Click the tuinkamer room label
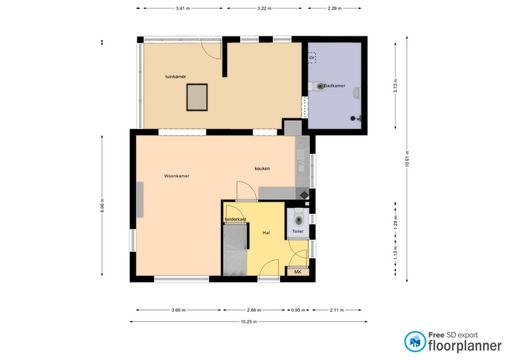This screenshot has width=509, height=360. click(x=175, y=77)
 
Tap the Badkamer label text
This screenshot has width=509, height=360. click(x=335, y=85)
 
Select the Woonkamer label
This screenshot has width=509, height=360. click(x=177, y=176)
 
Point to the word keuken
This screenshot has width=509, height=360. click(x=262, y=169)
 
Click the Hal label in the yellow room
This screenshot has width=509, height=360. click(x=267, y=232)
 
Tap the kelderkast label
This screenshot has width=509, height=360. click(x=235, y=219)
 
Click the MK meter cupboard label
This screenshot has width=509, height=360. click(x=297, y=272)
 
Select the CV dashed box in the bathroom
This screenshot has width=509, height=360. click(x=312, y=57)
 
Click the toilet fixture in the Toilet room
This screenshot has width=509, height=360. click(x=299, y=218)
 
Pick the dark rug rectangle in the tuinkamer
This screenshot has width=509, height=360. click(x=197, y=98)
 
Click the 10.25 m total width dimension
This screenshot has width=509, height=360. click(x=248, y=322)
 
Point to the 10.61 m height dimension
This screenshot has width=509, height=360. click(x=407, y=163)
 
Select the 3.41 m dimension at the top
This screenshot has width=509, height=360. click(x=182, y=8)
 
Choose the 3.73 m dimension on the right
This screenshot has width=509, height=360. click(x=396, y=85)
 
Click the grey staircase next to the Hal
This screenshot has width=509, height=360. click(x=235, y=249)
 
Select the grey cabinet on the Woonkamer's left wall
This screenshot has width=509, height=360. click(x=139, y=199)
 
